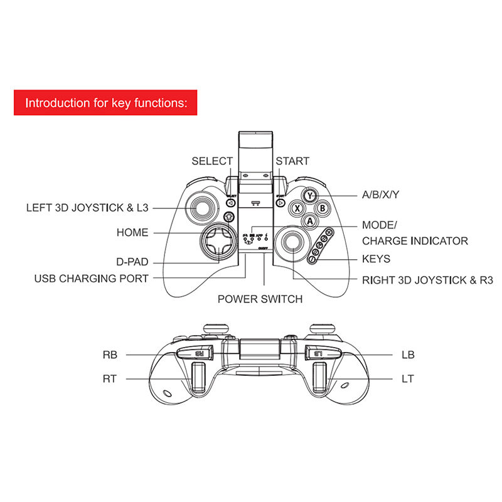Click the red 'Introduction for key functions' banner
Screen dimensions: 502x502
coord(105,102)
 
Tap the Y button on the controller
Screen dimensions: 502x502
coord(310,195)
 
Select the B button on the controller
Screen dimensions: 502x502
coord(321,207)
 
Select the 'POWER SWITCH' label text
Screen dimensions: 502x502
coord(260,299)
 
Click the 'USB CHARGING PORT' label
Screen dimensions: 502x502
coord(92,278)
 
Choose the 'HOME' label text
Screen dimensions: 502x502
coord(132,233)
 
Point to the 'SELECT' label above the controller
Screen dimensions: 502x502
coord(212,161)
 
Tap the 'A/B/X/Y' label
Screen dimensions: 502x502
coord(381,195)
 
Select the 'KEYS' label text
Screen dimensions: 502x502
coord(376,259)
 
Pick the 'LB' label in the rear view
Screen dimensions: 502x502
coord(408,355)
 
